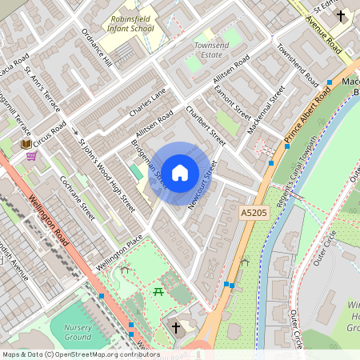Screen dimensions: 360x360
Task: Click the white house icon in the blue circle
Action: (180, 172)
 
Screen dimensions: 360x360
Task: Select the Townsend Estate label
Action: (211, 50)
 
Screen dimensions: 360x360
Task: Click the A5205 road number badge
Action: (253, 213)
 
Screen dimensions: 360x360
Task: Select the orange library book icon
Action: (26, 144)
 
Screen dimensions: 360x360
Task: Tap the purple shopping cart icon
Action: (31, 156)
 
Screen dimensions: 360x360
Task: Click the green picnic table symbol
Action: (158, 291)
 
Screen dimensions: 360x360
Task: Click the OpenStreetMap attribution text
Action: (81, 354)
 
